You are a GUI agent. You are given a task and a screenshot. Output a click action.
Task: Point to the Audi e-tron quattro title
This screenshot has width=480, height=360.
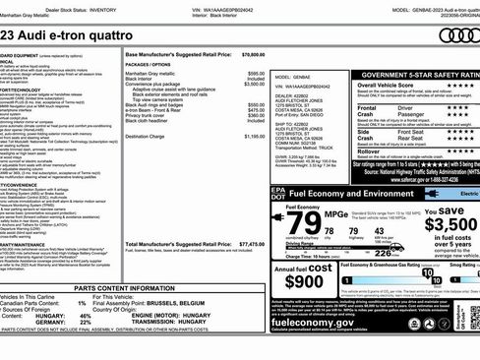(44, 35)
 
